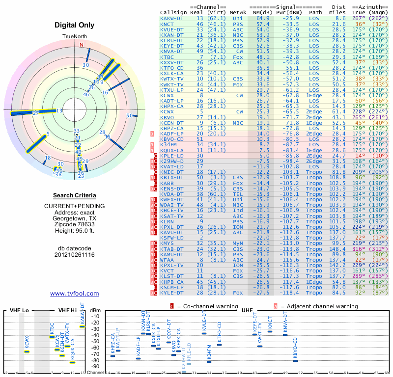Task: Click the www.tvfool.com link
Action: (74, 294)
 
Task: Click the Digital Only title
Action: (75, 25)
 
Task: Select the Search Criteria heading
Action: (74, 195)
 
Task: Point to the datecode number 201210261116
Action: (75, 255)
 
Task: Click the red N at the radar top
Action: (82, 44)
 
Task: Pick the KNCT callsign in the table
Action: (167, 24)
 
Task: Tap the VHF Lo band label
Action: (19, 310)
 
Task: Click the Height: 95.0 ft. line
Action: (75, 231)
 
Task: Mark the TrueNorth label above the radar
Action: (75, 37)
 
